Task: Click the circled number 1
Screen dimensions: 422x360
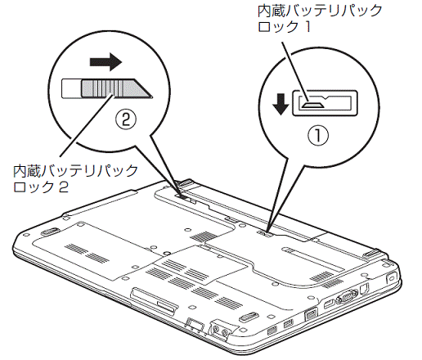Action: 318,136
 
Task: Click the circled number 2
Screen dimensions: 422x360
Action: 125,119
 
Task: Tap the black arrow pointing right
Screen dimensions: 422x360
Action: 105,62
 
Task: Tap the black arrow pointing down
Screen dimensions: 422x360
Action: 281,104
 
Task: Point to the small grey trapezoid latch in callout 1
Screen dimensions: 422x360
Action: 313,106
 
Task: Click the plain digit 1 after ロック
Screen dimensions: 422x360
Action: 308,27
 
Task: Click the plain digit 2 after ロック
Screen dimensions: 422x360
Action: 64,187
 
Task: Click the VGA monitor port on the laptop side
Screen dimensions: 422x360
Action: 346,296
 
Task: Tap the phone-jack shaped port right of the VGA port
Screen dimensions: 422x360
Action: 364,288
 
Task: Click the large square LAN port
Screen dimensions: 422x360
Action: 310,313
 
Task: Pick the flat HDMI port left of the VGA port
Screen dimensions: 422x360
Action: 329,304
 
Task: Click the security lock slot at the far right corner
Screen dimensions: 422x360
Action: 391,277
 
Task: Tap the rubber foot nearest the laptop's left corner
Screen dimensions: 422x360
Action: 50,232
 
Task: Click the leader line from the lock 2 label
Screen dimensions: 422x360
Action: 86,125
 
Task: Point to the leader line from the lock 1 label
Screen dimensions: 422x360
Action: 295,71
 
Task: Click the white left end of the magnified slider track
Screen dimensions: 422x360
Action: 71,88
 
